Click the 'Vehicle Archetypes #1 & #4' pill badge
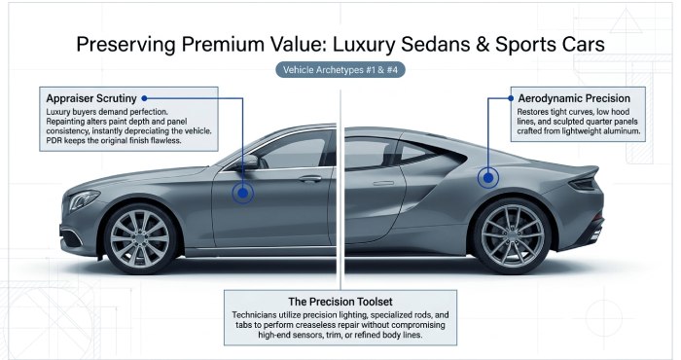point(340,69)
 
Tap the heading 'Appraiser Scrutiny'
point(91,98)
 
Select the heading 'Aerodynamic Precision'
point(574,98)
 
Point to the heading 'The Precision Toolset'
point(340,302)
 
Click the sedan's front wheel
point(139,238)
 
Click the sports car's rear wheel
point(512,235)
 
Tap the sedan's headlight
point(83,199)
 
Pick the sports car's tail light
point(583,185)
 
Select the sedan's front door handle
point(310,178)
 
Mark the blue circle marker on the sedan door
point(243,193)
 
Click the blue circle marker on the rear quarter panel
point(488,178)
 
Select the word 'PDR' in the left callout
point(54,141)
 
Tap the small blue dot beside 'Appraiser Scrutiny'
point(144,98)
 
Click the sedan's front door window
point(296,150)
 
